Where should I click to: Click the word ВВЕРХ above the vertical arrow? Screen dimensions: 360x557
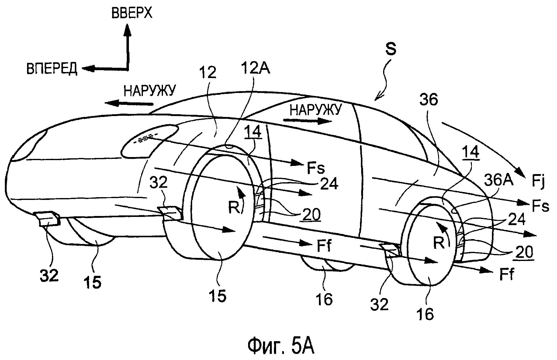pyautogui.click(x=132, y=13)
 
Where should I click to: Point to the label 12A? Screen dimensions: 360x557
pyautogui.click(x=255, y=68)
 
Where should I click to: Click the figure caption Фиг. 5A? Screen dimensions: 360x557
pyautogui.click(x=281, y=346)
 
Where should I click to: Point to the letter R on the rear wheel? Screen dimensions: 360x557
pyautogui.click(x=438, y=243)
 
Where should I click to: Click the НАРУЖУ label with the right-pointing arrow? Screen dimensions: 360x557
pyautogui.click(x=314, y=110)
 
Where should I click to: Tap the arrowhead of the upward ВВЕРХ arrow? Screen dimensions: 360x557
pyautogui.click(x=127, y=29)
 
